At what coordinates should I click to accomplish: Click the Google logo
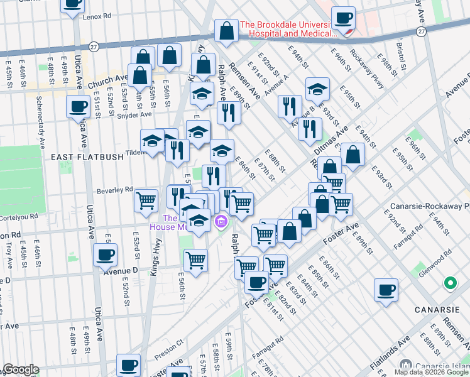[21, 370]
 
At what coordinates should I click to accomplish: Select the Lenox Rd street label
[97, 16]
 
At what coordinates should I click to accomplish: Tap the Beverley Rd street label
[114, 189]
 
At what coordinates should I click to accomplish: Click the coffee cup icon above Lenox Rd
[73, 3]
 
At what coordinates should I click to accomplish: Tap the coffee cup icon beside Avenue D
[105, 254]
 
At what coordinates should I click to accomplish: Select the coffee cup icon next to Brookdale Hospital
[343, 18]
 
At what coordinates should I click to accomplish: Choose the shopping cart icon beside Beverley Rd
[146, 200]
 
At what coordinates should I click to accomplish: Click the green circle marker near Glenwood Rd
[450, 283]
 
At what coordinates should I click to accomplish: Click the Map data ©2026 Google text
[431, 372]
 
